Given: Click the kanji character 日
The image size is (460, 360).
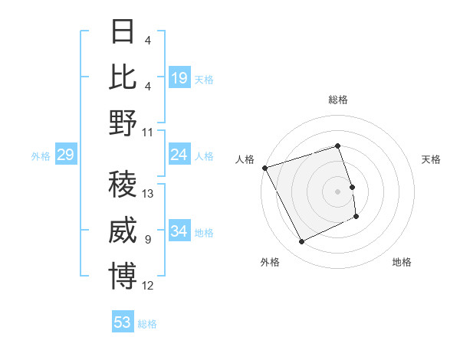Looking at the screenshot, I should pos(123,34).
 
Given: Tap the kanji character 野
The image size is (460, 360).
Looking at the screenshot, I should pos(123,123).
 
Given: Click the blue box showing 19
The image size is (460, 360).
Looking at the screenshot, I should pos(179,78).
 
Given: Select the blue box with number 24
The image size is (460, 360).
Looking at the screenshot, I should pos(179,155).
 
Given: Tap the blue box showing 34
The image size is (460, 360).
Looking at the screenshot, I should pos(179,231).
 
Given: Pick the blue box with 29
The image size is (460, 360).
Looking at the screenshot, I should pos(65,155).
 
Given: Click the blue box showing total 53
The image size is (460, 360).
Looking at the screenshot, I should pos(123,322).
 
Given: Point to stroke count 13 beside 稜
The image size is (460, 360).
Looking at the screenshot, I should pos(149,194).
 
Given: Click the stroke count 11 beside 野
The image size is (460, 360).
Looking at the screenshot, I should pos(148,132).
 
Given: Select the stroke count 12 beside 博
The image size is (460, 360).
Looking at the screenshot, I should pos(149,286).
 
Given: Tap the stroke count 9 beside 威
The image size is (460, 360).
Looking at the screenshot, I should pos(147,240).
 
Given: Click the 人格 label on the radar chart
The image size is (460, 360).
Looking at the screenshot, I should pos(245,159).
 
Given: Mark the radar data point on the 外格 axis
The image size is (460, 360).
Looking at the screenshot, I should pos(301,242).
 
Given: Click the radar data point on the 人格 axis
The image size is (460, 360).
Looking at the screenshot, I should pos(264,168).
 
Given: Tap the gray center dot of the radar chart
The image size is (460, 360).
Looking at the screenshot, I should pos(338,191).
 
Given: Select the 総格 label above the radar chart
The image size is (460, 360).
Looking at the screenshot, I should pos(338,100).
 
